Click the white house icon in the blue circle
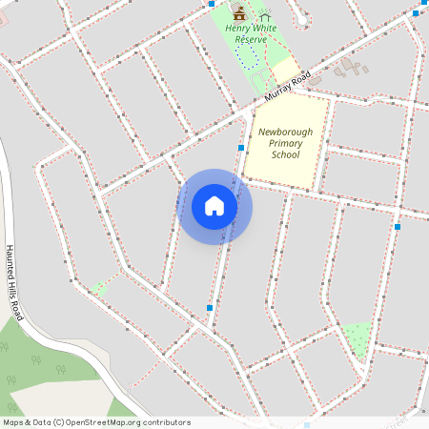tap(214, 206)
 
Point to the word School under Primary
tap(285, 154)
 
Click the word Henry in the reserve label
tap(238, 28)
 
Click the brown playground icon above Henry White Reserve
tap(238, 13)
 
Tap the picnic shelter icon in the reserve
tap(264, 14)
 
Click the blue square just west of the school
tap(240, 147)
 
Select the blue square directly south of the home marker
tap(209, 308)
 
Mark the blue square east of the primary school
tap(397, 227)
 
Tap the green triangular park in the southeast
tap(357, 337)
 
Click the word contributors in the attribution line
tap(165, 422)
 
